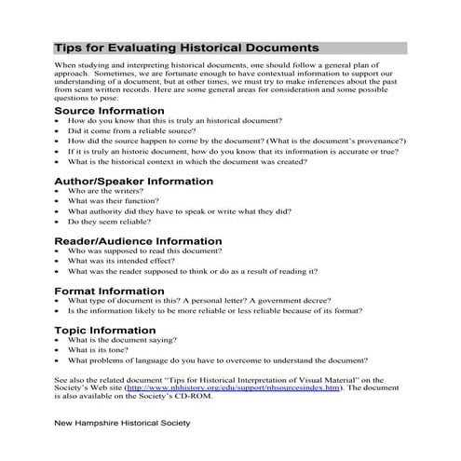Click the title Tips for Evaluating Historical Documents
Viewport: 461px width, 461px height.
click(x=186, y=46)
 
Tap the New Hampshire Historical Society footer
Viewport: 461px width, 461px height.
click(x=122, y=422)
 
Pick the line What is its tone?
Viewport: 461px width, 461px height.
click(x=100, y=350)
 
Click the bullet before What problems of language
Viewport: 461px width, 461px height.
click(x=59, y=360)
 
